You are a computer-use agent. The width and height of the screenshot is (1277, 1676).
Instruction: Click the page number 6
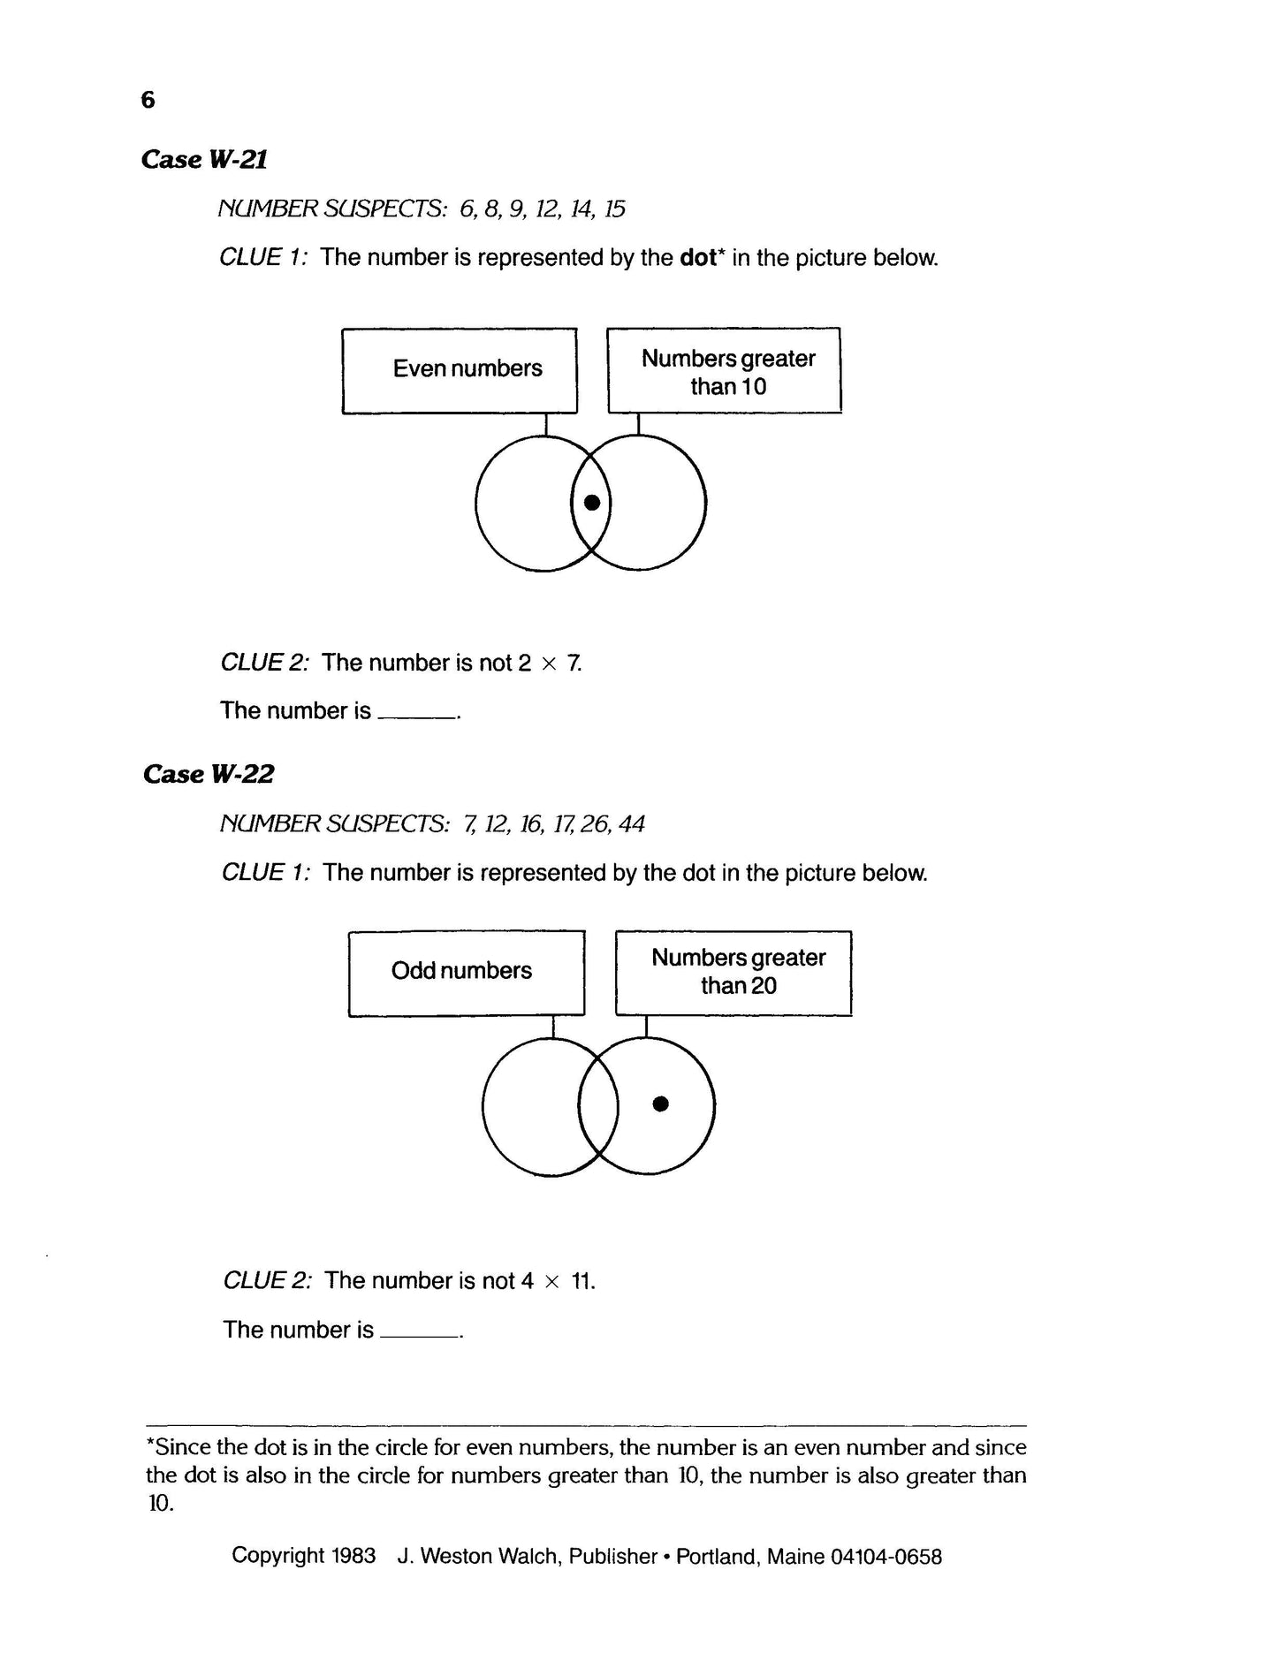point(148,100)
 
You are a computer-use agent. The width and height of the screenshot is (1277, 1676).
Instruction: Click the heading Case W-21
point(204,159)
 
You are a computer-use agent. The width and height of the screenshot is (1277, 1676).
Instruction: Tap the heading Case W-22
point(208,774)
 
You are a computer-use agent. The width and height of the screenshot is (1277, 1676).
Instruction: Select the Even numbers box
point(460,371)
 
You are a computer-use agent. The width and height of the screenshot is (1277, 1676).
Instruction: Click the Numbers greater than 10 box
point(724,371)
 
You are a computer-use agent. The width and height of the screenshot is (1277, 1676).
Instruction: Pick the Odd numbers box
point(466,973)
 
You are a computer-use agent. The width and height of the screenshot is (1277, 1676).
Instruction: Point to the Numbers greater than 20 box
point(734,973)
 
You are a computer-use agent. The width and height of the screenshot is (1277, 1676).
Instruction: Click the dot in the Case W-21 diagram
point(592,503)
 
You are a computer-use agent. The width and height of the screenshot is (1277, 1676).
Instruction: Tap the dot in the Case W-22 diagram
point(660,1103)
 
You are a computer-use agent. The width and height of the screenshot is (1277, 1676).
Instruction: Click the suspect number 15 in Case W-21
point(615,209)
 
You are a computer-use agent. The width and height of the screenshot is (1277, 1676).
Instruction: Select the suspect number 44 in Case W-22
point(632,824)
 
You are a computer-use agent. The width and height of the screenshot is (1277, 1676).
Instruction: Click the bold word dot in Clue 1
point(698,258)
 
